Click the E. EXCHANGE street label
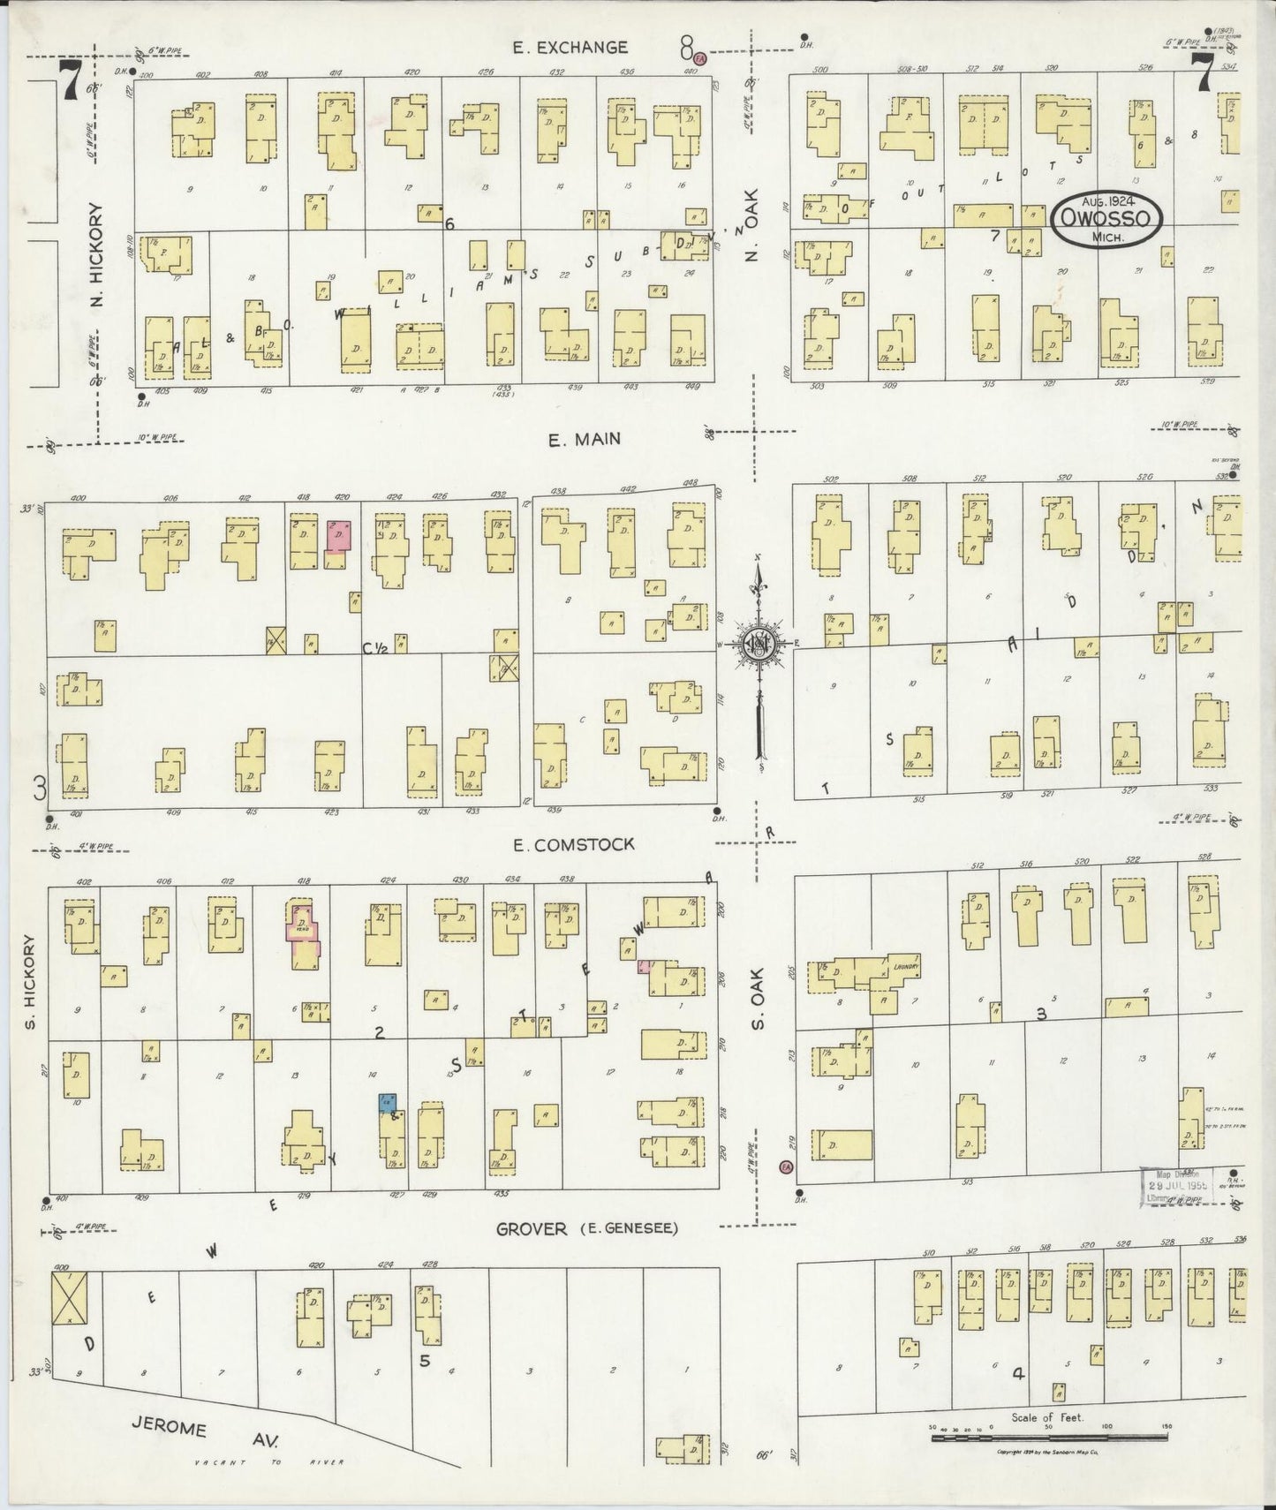click(571, 48)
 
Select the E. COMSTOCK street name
click(574, 844)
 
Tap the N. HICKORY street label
click(98, 258)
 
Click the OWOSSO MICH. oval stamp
click(1106, 216)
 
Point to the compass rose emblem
click(758, 645)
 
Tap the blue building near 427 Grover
click(387, 1102)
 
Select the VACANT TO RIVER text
click(269, 1461)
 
